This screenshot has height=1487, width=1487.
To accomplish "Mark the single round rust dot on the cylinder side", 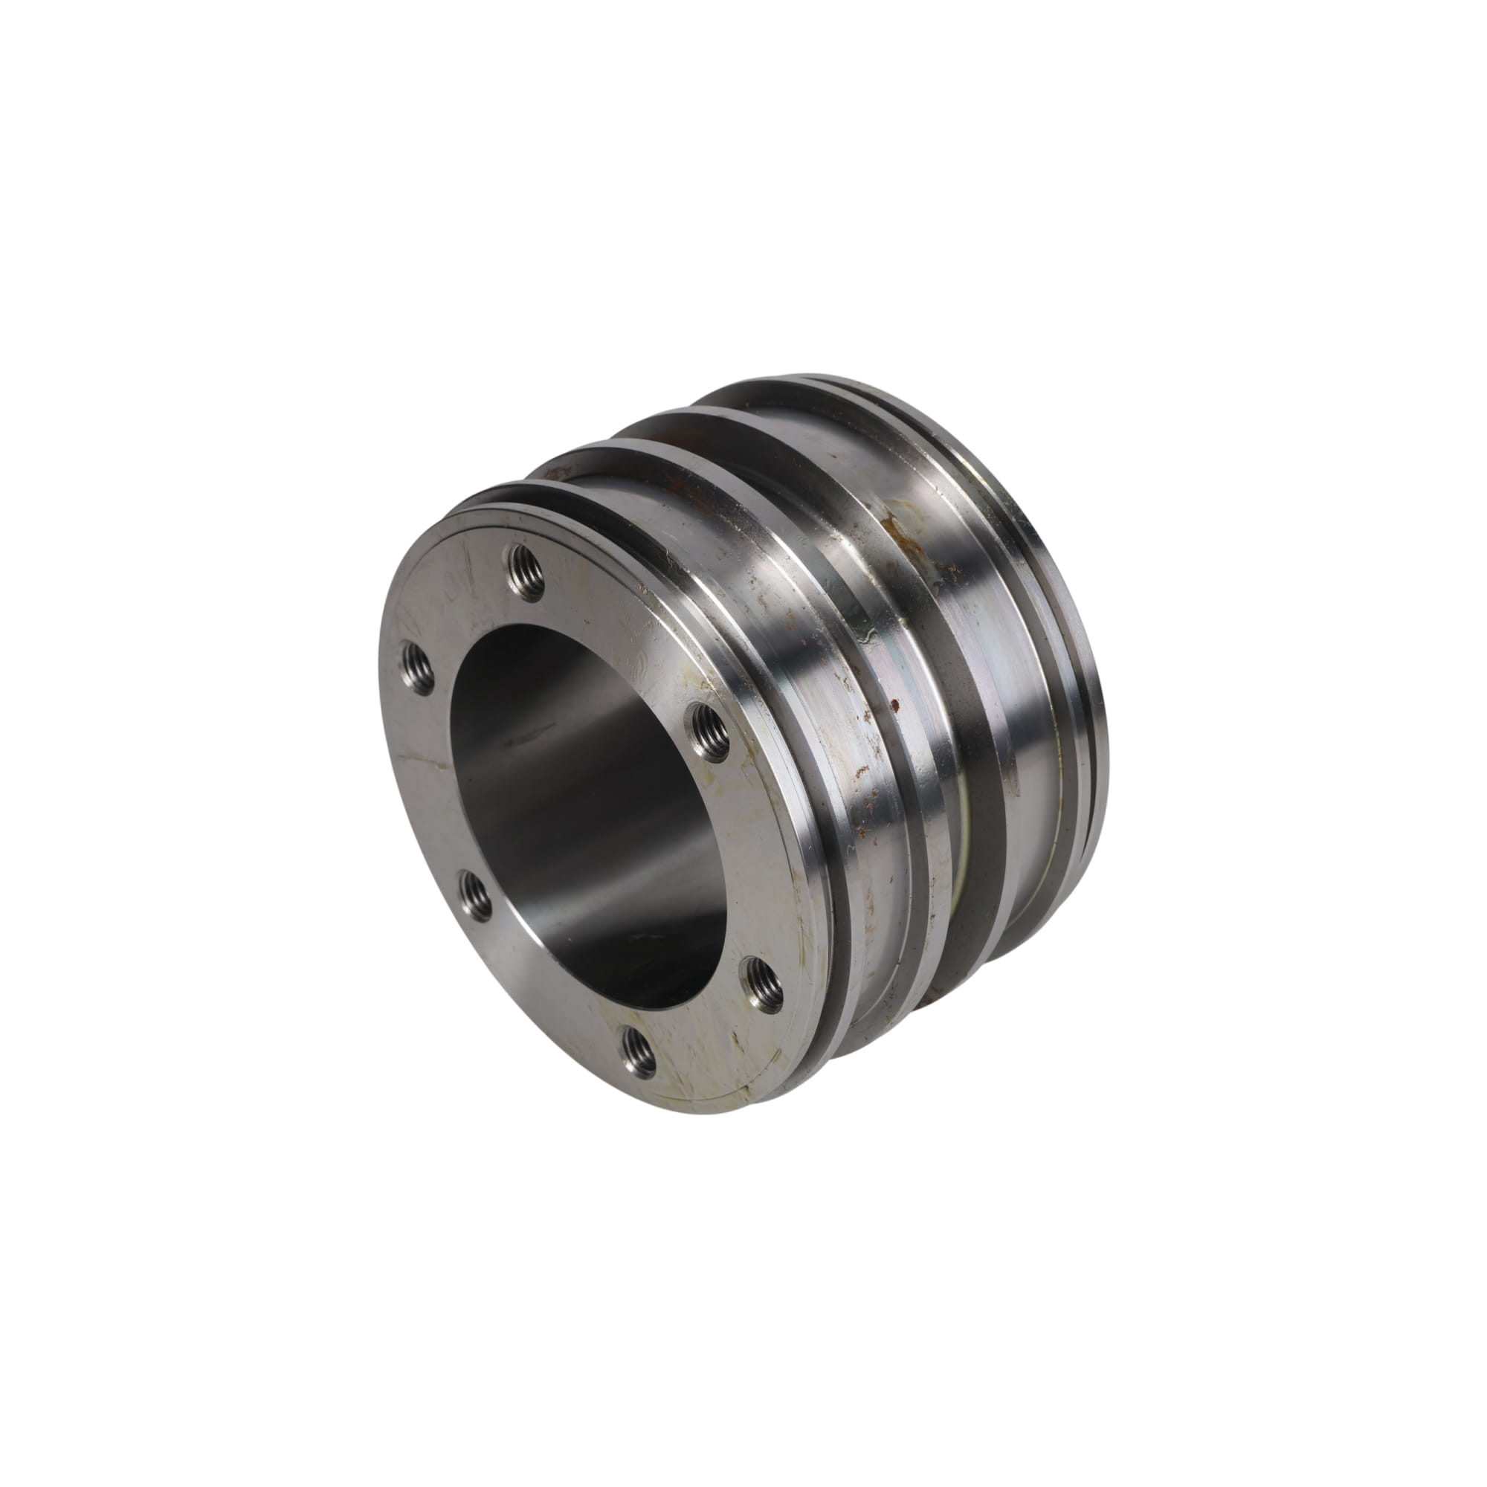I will [x=894, y=702].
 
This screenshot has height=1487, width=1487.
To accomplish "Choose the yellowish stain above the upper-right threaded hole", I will [x=697, y=677].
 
